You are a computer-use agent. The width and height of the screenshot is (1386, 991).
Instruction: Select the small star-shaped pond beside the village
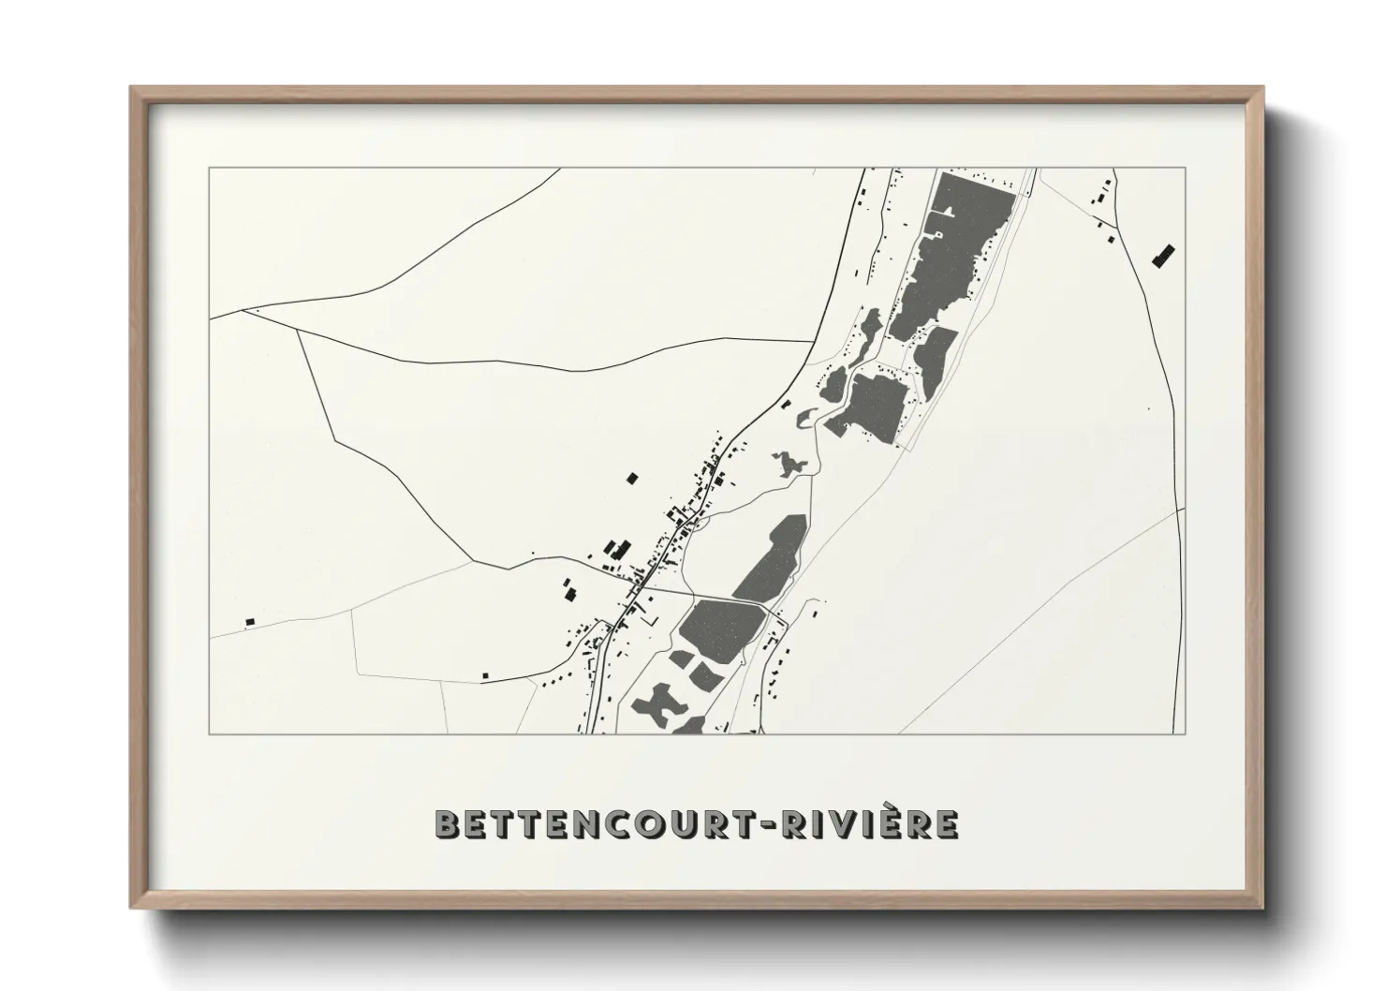[x=789, y=462]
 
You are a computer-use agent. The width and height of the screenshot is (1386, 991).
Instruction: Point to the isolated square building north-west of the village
[x=630, y=479]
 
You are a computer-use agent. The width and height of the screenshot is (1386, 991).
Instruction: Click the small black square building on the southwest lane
[x=484, y=675]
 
